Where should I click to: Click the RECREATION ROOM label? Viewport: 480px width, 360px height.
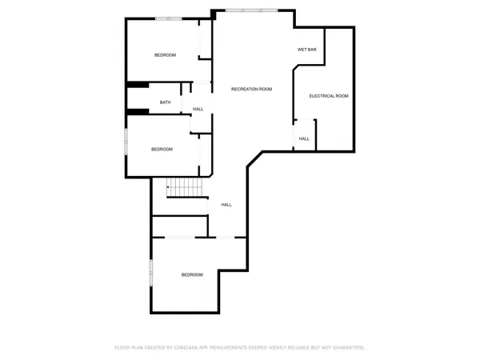251,89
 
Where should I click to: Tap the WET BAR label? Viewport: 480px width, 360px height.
308,50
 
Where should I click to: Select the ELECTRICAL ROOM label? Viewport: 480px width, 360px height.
329,96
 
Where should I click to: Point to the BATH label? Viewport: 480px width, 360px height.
165,102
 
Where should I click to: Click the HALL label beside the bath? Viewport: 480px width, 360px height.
198,109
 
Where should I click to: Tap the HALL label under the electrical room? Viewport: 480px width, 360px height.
304,138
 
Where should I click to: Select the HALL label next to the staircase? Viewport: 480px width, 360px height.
226,205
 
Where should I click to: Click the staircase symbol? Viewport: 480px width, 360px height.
185,188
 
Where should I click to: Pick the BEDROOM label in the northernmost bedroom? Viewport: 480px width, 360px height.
165,54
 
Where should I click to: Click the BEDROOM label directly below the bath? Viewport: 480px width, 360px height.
162,150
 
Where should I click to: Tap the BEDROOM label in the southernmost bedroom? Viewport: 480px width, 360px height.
192,274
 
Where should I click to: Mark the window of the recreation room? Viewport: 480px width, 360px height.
252,10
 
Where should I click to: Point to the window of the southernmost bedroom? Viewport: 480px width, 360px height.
151,271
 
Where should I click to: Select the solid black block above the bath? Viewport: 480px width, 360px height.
137,85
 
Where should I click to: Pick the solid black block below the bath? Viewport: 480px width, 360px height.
138,111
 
